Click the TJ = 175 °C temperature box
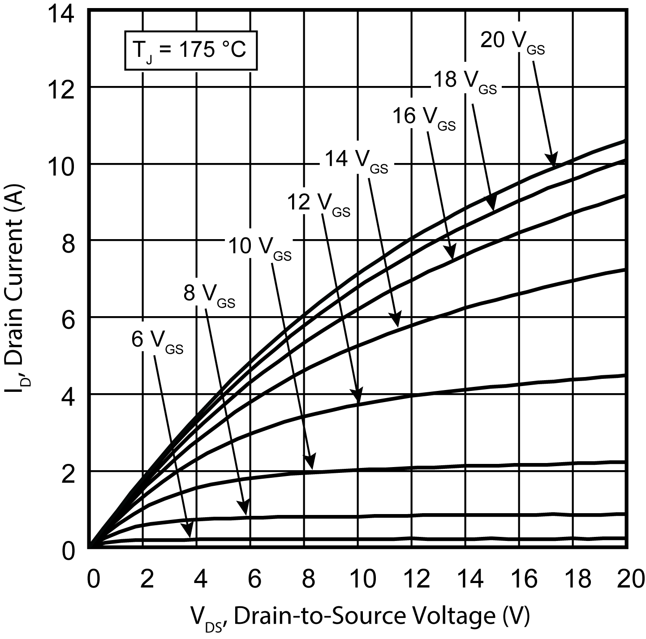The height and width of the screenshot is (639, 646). click(x=191, y=50)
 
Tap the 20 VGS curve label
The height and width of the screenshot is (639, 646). click(x=512, y=42)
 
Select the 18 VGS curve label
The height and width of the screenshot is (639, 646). click(x=465, y=81)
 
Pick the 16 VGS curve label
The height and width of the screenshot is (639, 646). click(x=424, y=118)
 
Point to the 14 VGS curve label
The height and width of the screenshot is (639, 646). click(x=355, y=160)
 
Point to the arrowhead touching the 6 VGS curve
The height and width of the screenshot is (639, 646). click(x=189, y=531)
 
